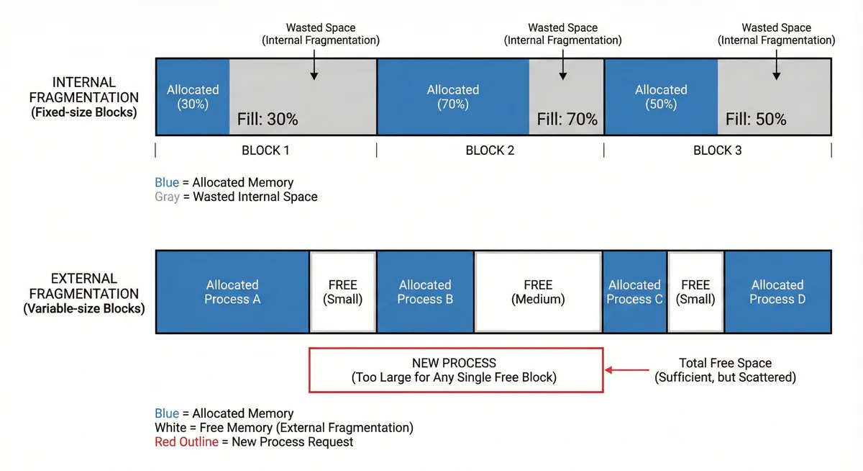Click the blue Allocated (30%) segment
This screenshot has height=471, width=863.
tap(193, 97)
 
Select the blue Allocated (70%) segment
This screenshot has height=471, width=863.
tap(453, 97)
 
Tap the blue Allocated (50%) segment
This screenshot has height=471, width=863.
tap(661, 97)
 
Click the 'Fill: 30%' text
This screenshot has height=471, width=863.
tap(268, 120)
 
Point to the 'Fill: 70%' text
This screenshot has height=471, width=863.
tap(567, 120)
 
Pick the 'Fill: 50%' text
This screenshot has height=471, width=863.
tap(756, 120)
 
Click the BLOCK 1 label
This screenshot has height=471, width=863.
tap(265, 151)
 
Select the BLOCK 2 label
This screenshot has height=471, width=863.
tap(490, 151)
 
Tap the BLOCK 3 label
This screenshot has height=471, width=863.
tap(717, 151)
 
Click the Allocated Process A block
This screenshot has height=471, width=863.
tap(232, 292)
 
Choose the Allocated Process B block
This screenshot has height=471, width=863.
tap(426, 292)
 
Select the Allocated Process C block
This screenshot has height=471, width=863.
tap(634, 292)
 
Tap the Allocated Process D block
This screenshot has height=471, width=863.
tap(777, 292)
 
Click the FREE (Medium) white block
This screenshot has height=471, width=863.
tap(538, 292)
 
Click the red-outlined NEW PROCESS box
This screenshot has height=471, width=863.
tap(455, 370)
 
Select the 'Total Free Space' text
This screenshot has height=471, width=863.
tap(725, 363)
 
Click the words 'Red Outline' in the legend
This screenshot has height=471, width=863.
tap(186, 441)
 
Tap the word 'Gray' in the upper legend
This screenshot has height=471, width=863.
tap(167, 197)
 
